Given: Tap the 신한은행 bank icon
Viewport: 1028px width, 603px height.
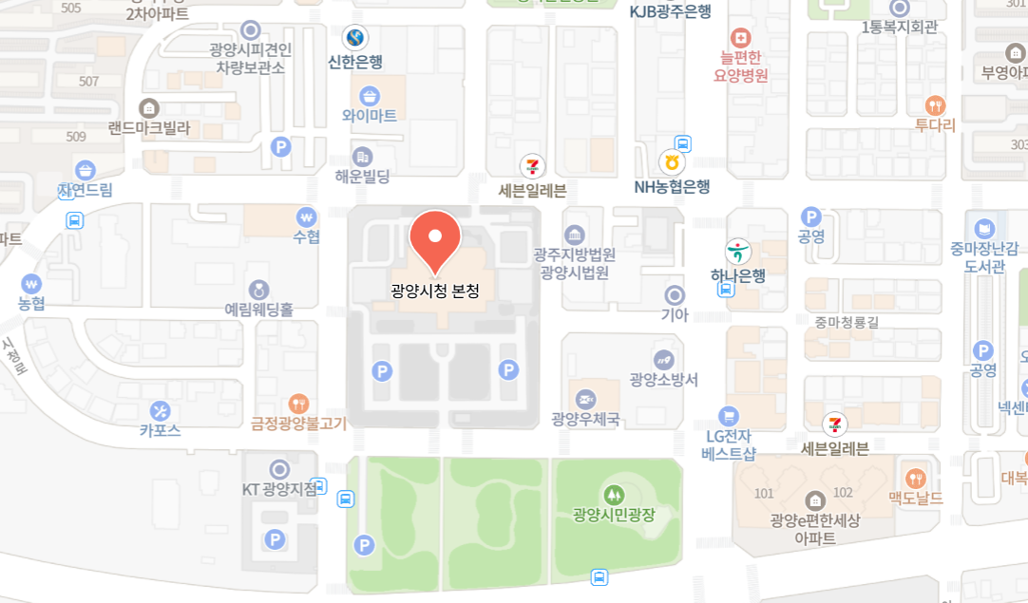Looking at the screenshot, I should pos(355,38).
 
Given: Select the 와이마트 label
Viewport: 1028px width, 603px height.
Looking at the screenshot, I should pos(370,116).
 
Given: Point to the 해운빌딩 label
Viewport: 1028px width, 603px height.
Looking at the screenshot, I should pos(362,176).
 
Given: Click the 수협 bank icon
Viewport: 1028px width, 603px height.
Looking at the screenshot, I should pos(306,217).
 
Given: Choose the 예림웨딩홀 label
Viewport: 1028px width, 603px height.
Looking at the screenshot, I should pos(258,309).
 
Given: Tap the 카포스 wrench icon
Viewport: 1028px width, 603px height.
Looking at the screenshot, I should pos(160,411).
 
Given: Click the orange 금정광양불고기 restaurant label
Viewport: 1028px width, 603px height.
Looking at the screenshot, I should pos(299,424).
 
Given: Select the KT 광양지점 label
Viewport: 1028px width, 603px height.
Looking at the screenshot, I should pos(279,490).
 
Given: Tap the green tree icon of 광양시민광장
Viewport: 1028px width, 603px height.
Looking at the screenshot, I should pos(615,494).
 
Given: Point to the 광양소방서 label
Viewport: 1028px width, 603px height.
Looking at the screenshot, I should pos(664,380).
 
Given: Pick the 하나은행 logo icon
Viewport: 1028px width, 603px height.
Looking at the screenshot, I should pos(738,252).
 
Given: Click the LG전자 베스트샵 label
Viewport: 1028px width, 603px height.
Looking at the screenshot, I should pos(729,444).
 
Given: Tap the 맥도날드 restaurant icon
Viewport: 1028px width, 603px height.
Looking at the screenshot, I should pos(916,478).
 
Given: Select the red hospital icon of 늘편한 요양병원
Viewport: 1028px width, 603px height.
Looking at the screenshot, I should pos(741,39).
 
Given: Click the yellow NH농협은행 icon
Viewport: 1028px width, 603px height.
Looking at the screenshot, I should pos(672,163).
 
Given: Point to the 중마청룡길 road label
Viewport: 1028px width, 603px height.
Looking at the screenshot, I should pos(847,322).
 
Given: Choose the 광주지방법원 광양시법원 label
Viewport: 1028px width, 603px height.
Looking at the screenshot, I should pos(575,263).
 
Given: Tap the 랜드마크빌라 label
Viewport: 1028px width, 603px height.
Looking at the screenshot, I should pos(149,127).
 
